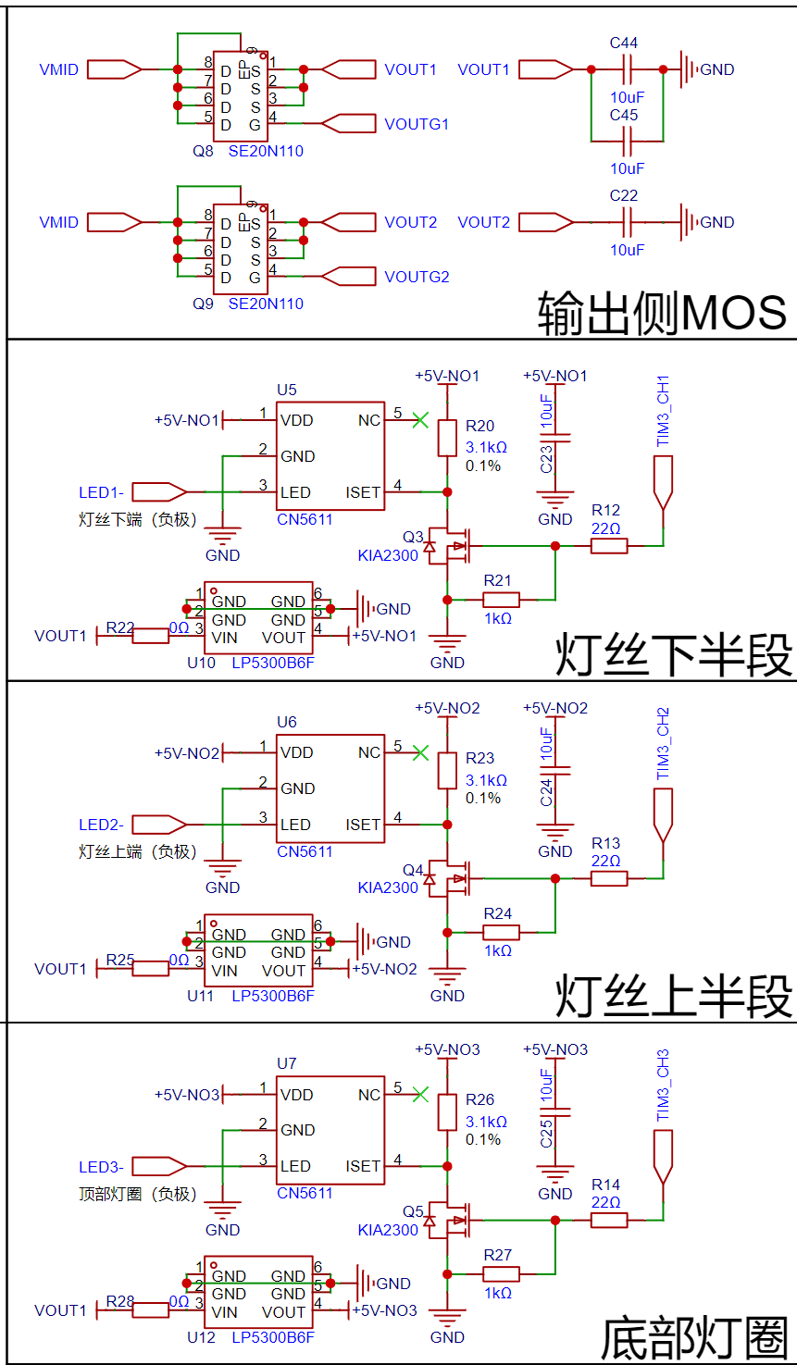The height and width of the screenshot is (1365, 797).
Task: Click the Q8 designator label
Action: (203, 151)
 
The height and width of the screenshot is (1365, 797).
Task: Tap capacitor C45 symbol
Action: (627, 142)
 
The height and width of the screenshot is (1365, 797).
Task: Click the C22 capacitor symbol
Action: (627, 222)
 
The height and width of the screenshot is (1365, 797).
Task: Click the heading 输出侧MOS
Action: (661, 313)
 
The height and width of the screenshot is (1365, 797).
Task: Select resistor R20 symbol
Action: (447, 438)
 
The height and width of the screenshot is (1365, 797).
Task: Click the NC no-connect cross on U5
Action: (420, 420)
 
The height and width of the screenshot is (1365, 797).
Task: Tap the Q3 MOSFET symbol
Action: (453, 546)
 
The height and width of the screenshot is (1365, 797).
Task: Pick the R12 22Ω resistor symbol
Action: (609, 546)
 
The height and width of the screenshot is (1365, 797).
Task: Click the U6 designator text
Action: (287, 722)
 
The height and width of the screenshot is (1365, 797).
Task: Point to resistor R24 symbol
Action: (501, 932)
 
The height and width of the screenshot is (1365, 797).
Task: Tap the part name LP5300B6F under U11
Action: (273, 996)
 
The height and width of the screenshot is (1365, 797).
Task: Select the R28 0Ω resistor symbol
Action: (150, 1310)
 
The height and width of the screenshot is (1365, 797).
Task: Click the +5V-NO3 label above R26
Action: (447, 1049)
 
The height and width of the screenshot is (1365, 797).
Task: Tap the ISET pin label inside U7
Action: (363, 1166)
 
